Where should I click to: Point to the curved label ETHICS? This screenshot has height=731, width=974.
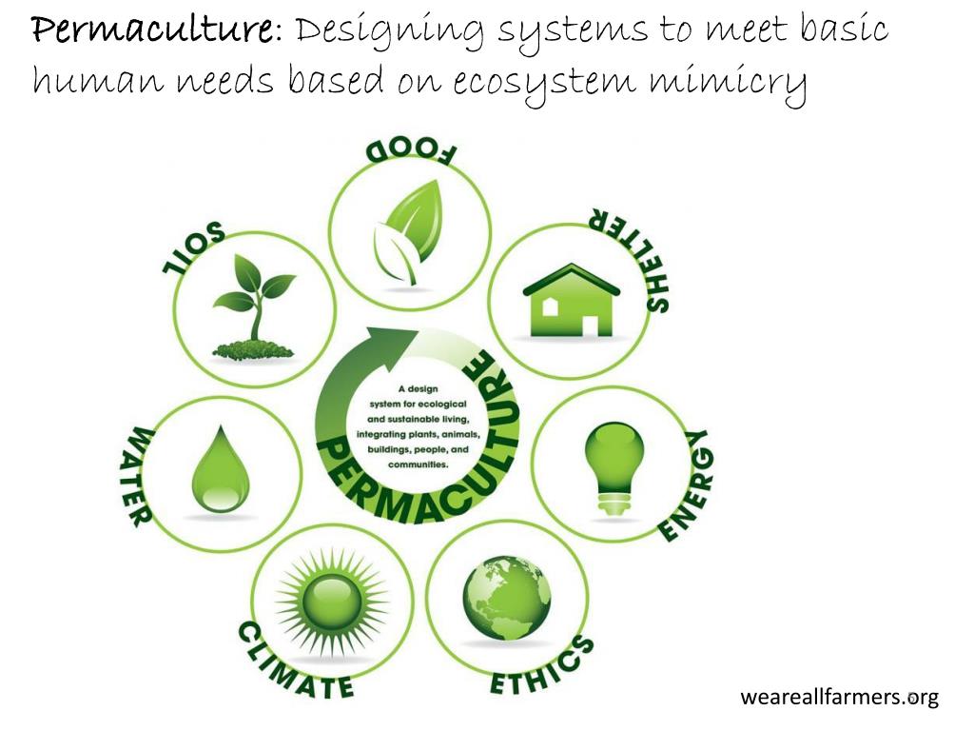tap(541, 667)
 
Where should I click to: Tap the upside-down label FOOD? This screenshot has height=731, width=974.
tap(412, 152)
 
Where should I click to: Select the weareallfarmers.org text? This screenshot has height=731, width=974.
tap(839, 698)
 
